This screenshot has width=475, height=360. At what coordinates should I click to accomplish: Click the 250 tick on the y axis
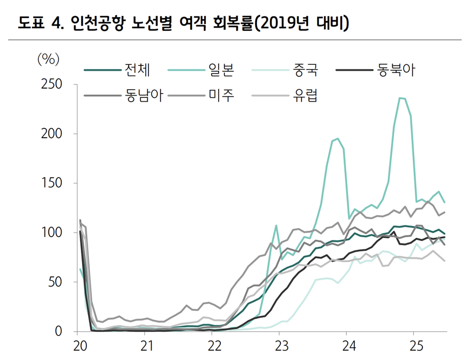(x=52, y=85)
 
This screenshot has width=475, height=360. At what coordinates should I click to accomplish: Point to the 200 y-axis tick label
(x=52, y=134)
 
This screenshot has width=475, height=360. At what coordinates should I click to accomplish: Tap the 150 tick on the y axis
(x=52, y=183)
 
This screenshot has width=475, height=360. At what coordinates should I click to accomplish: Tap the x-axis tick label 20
(x=80, y=347)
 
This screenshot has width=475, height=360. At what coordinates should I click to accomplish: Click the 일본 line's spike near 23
(x=276, y=225)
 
